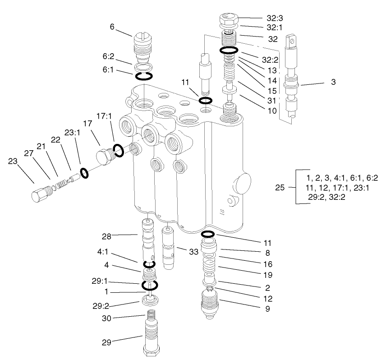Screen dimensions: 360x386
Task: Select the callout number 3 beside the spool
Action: coord(333,83)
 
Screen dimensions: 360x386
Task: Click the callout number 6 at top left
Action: coord(112,27)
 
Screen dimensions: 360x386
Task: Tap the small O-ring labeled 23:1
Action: coord(84,172)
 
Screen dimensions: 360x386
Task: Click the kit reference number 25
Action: coord(280,187)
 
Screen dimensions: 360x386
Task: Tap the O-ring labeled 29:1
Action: coord(149,285)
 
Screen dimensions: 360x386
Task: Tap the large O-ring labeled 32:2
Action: coord(229,50)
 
